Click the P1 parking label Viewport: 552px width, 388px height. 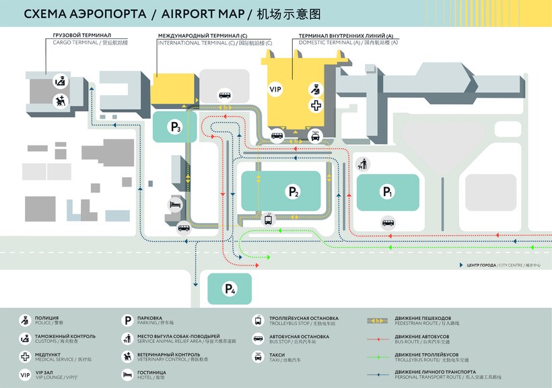pyautogui.click(x=387, y=193)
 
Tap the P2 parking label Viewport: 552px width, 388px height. pyautogui.click(x=294, y=193)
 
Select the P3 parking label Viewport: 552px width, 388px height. pyautogui.click(x=176, y=127)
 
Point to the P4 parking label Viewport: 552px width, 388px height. pyautogui.click(x=230, y=290)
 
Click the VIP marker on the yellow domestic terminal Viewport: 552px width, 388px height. pyautogui.click(x=275, y=89)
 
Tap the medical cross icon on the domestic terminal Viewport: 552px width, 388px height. pyautogui.click(x=315, y=105)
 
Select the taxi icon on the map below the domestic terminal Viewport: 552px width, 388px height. pyautogui.click(x=315, y=136)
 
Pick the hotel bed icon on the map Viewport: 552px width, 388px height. pyautogui.click(x=175, y=205)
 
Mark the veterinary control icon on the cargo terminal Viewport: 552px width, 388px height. pyautogui.click(x=61, y=101)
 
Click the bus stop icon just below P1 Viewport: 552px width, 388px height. pyautogui.click(x=388, y=222)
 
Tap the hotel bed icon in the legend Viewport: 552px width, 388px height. pyautogui.click(x=127, y=374)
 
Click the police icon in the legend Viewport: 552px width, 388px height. pyautogui.click(x=25, y=320)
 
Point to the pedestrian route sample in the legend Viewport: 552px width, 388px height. pyautogui.click(x=380, y=320)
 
